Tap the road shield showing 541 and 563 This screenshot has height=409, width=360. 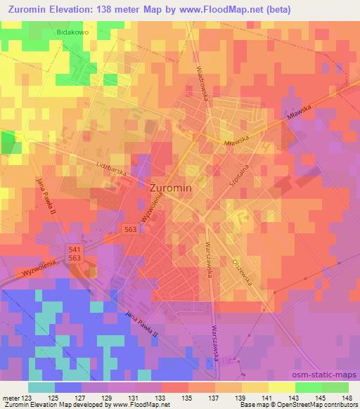(x=75, y=254)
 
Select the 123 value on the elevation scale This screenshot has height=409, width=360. (x=27, y=398)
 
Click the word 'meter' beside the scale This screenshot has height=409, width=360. (x=11, y=398)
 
